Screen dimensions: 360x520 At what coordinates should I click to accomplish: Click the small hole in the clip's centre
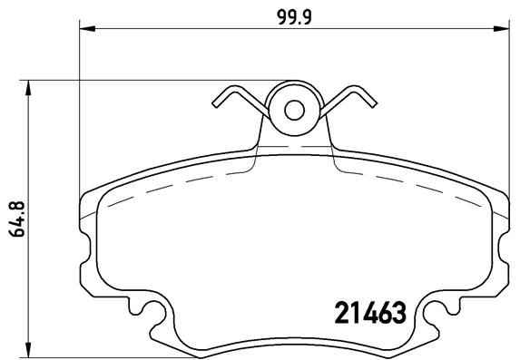point(294,110)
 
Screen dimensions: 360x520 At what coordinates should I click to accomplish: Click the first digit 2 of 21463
point(332,314)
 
